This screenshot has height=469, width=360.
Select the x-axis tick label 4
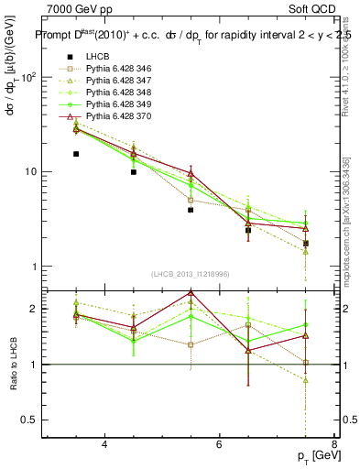104,445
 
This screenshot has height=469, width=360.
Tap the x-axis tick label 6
219,445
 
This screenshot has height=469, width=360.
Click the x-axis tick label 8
333,445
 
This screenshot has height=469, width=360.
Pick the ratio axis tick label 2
37,309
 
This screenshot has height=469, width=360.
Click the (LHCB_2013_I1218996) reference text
191,275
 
